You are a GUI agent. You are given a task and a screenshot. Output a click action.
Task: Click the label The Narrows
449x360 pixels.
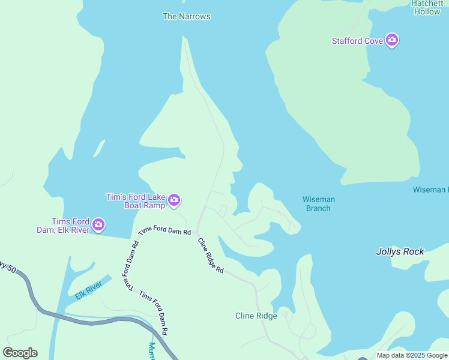187,16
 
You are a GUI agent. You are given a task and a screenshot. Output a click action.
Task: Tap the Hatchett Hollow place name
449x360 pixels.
427,7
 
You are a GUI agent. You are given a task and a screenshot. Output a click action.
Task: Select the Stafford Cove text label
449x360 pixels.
357,41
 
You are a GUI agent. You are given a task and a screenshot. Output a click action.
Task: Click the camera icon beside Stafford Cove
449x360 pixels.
392,40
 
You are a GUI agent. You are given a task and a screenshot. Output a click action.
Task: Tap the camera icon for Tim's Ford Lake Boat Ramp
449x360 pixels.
174,200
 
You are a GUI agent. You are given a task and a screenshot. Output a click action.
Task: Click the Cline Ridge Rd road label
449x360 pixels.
211,256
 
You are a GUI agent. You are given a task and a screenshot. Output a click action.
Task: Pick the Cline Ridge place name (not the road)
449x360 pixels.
256,316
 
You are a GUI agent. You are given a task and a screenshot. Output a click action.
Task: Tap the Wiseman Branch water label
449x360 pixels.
318,204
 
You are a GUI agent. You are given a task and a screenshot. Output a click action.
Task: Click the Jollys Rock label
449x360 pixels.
400,251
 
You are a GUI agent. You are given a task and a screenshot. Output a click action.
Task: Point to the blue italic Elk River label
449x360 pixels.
90,289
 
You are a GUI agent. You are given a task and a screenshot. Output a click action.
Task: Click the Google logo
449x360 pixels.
20,353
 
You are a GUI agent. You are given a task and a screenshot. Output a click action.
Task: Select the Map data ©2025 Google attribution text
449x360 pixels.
412,355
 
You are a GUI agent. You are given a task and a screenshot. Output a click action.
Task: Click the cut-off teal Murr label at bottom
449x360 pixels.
151,349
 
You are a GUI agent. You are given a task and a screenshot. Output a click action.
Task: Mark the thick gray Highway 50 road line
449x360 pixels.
90,322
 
